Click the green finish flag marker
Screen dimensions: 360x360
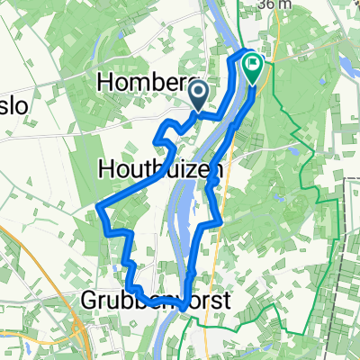(x=251, y=67)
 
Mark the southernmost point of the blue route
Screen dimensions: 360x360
(x=183, y=307)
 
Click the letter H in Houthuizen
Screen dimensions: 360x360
(x=104, y=167)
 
